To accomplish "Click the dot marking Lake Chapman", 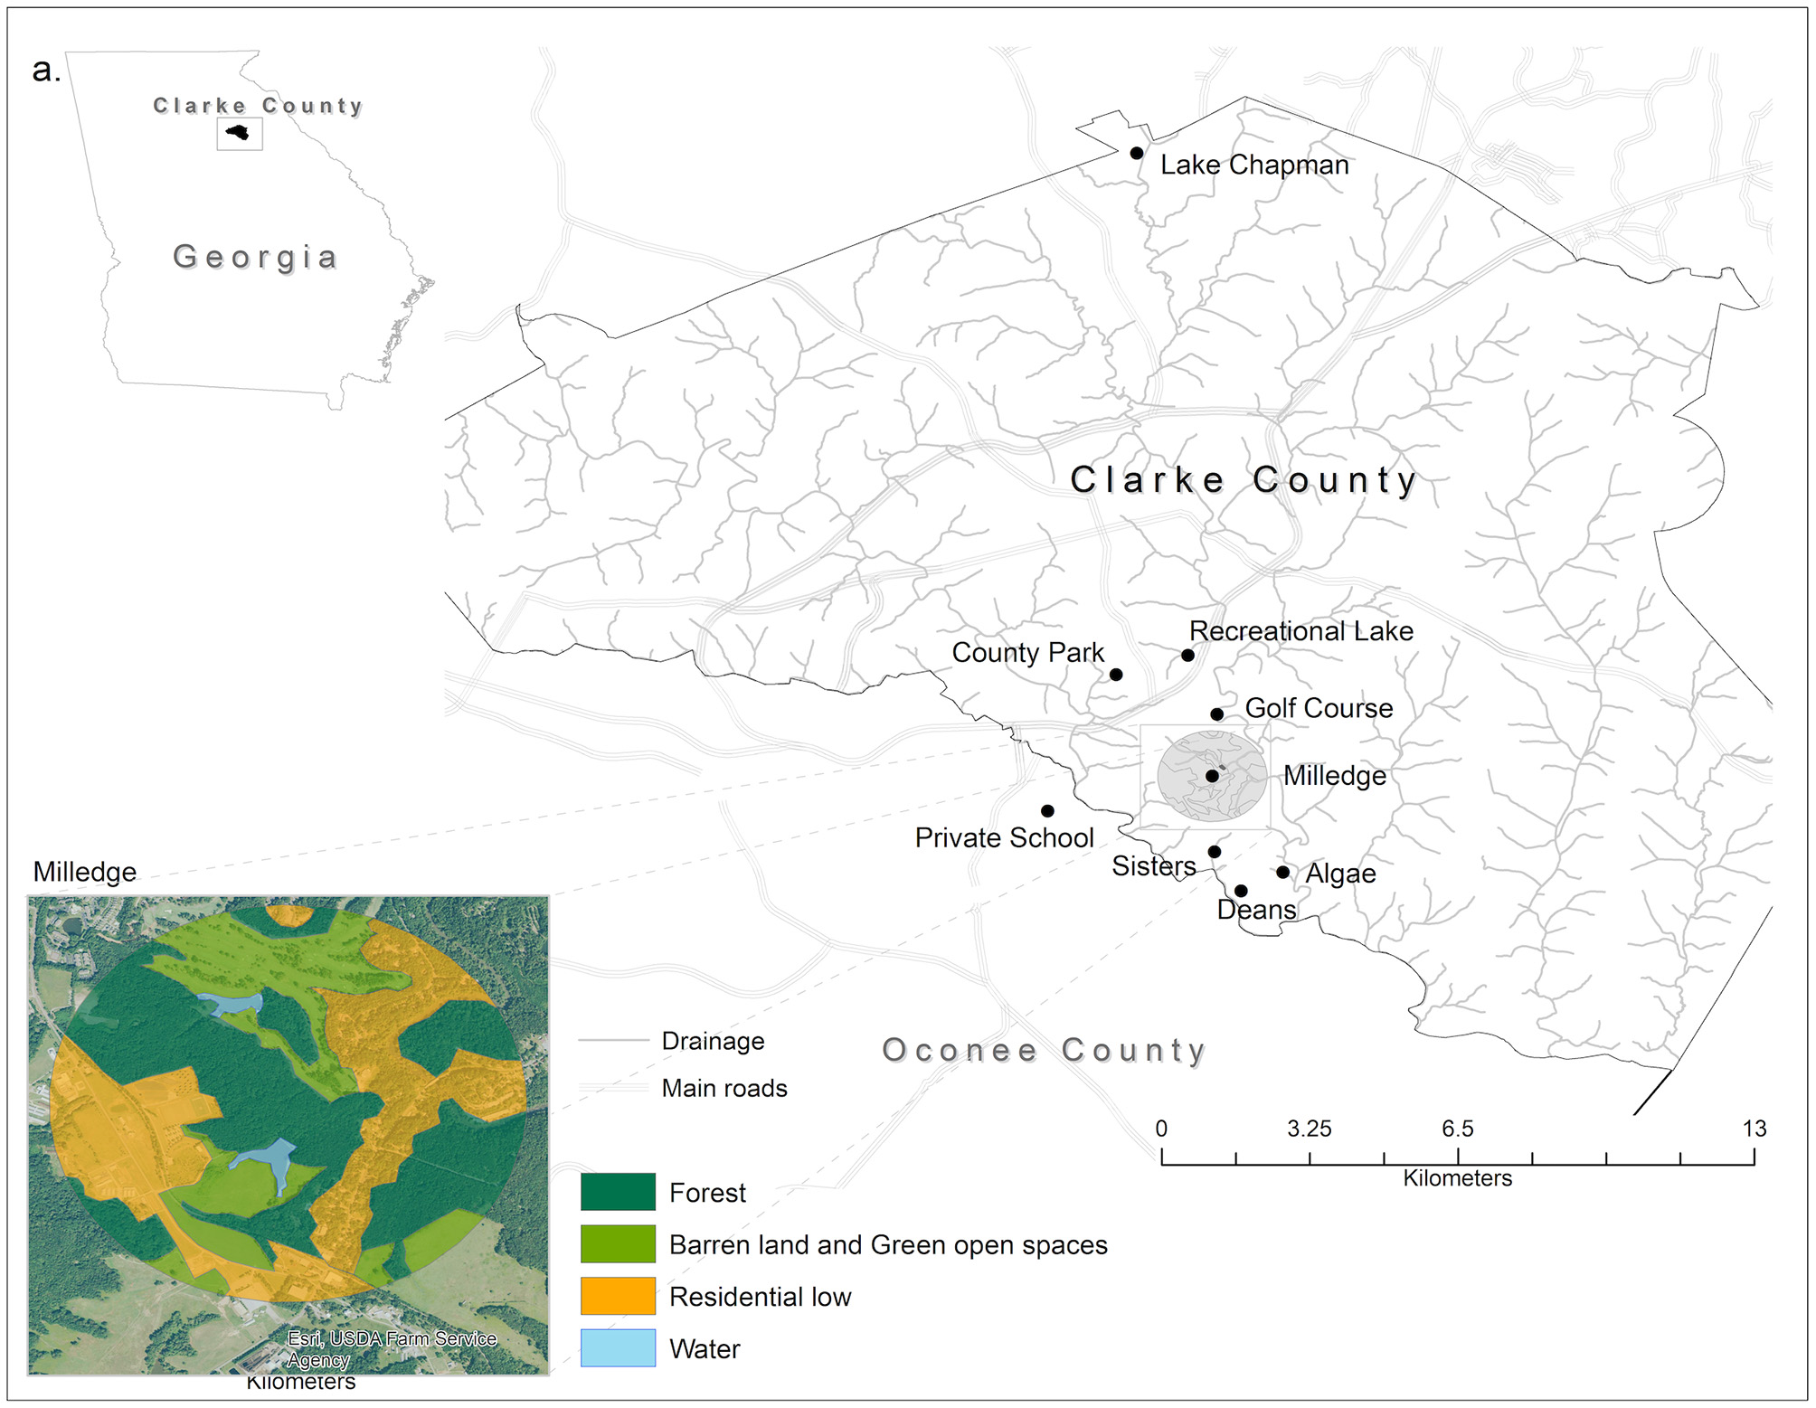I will [1136, 153].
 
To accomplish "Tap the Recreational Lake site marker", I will [1187, 655].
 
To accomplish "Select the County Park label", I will [1027, 652].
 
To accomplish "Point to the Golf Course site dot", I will [1217, 714].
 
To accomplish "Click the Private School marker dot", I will [1047, 810].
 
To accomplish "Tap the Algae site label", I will [1340, 874].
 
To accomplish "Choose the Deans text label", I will [1256, 910].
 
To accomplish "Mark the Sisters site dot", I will [1215, 852].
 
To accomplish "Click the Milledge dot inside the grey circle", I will [1212, 776].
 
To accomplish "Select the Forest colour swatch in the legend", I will [618, 1192].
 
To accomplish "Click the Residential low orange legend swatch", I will [618, 1296].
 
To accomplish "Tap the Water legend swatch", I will [618, 1347].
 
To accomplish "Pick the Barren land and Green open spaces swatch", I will [618, 1244].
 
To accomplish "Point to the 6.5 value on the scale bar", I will [1457, 1129].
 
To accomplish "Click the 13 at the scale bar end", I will [1754, 1129].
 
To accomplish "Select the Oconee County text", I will [1044, 1050].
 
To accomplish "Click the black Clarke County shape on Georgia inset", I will [239, 133].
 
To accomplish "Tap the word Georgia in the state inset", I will [256, 257].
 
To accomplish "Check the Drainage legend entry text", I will [713, 1041].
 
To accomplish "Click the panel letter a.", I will [45, 71].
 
